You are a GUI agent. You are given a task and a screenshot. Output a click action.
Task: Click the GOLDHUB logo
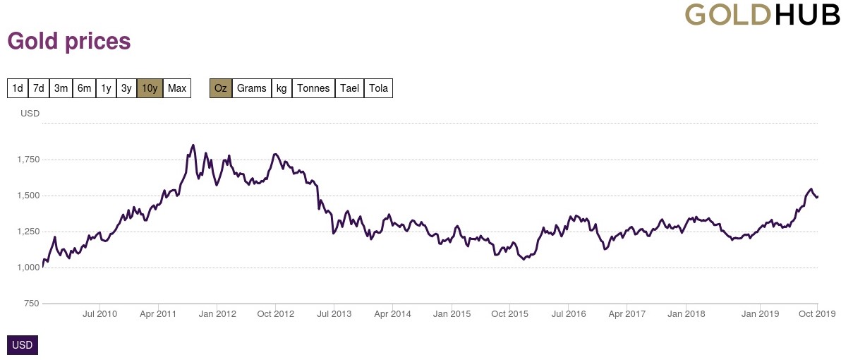[x=762, y=15]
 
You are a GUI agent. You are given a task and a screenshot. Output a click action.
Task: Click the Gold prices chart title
[x=69, y=42]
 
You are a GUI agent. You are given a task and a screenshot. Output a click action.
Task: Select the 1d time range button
[x=18, y=88]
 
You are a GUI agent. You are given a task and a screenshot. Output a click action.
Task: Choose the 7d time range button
[x=39, y=88]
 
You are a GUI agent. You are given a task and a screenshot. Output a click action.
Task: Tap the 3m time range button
[x=61, y=88]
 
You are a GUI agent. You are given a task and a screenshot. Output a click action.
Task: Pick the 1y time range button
[x=106, y=88]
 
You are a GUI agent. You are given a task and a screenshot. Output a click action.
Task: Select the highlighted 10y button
[x=150, y=88]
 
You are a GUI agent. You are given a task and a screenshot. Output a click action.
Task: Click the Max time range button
[x=177, y=88]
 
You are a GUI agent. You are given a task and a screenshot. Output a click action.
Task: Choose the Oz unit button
[x=221, y=88]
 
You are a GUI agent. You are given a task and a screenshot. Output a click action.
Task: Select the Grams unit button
[x=252, y=88]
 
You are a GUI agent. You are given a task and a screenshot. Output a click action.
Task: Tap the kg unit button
[x=282, y=88]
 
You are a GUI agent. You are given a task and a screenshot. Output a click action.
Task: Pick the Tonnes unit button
[x=313, y=88]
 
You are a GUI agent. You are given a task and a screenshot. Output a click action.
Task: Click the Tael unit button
[x=349, y=88]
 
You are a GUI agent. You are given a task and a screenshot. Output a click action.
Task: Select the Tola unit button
[x=378, y=88]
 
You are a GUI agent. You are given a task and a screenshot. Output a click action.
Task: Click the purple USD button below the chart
[x=22, y=345]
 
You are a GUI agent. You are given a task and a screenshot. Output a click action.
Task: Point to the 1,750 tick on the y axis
[x=28, y=160]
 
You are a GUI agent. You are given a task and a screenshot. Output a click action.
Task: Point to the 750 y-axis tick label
[x=32, y=304]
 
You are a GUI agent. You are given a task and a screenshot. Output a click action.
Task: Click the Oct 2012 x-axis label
[x=275, y=313]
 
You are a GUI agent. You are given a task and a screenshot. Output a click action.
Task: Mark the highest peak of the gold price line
[x=193, y=145]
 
